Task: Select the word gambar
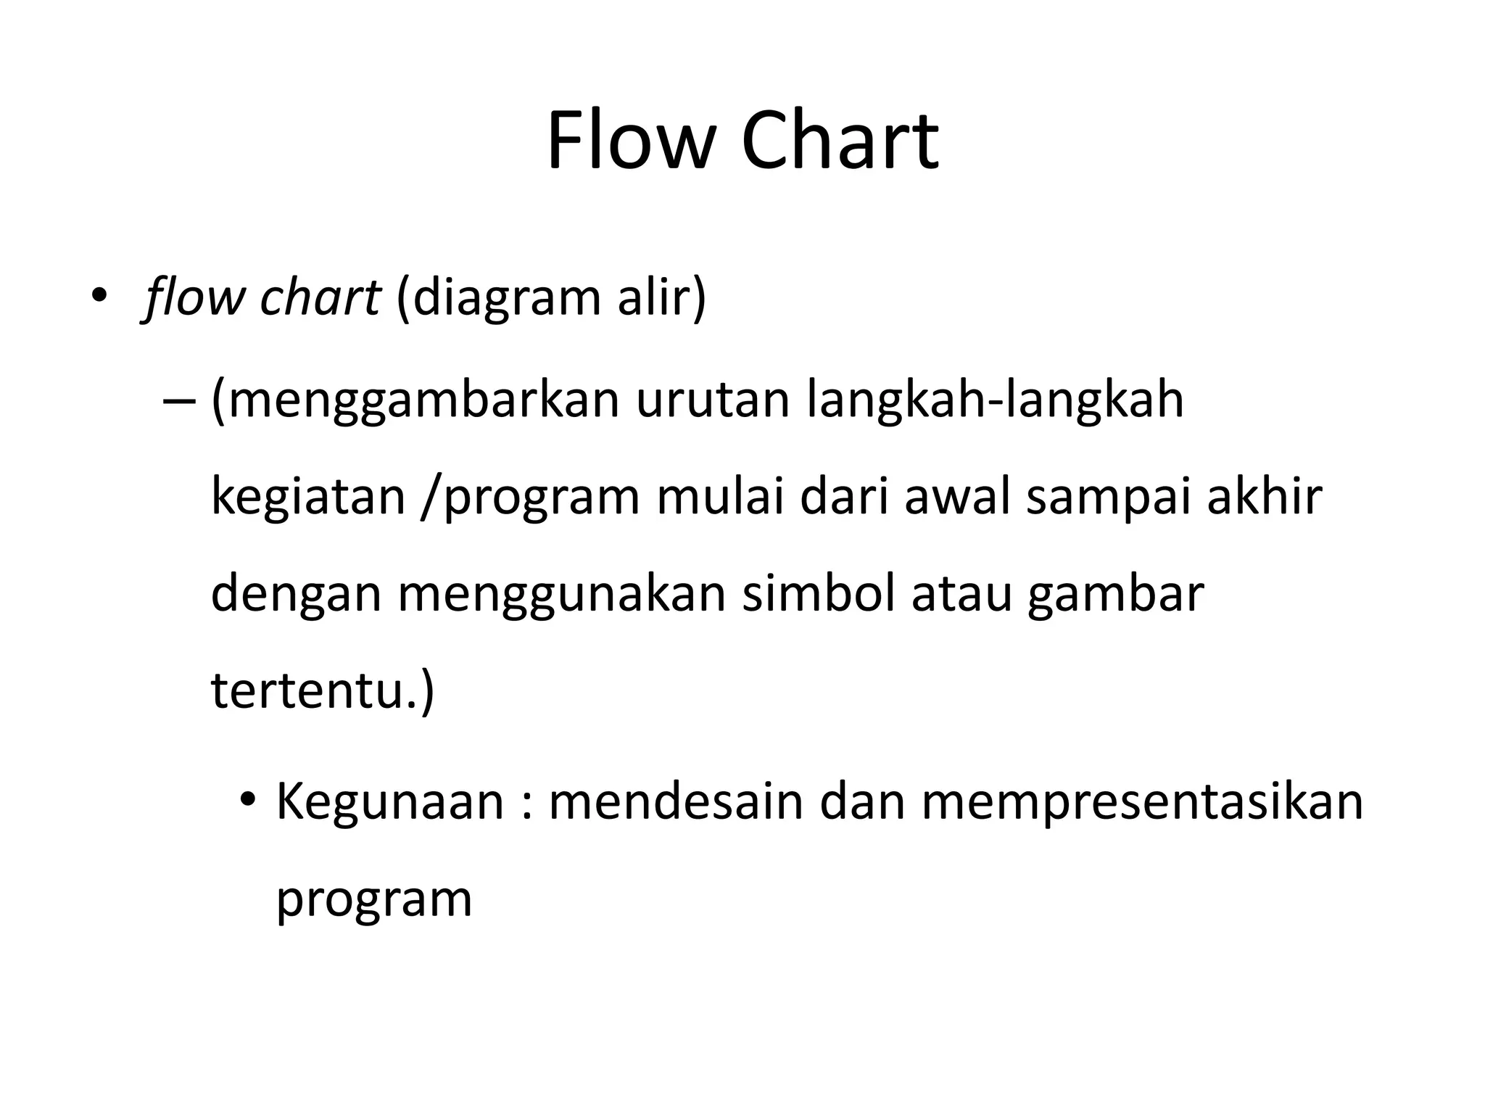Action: (x=1116, y=595)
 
